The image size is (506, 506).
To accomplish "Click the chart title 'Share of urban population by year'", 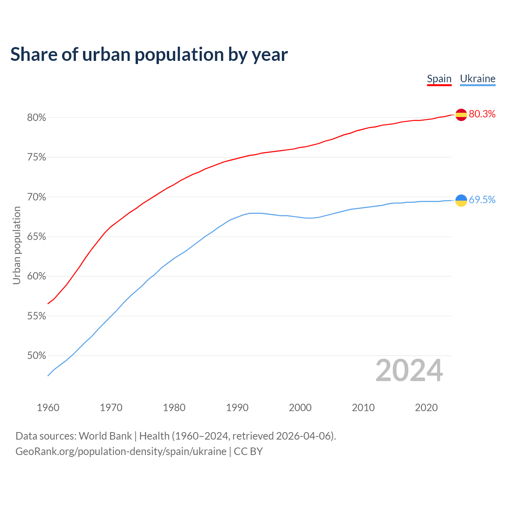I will (x=149, y=55).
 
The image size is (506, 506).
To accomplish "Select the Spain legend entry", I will (x=439, y=79).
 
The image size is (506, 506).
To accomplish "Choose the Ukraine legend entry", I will (x=478, y=79).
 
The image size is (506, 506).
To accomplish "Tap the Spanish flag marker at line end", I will (x=461, y=115).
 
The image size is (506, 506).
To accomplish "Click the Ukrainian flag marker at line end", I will (x=461, y=200).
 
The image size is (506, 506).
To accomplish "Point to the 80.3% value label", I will (x=482, y=114).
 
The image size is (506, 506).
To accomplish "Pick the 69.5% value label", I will (x=482, y=200).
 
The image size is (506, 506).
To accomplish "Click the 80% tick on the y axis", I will (x=37, y=118).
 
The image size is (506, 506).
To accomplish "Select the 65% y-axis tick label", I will (x=37, y=237).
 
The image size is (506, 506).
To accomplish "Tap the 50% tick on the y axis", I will (x=37, y=356).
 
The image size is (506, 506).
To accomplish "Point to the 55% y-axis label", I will (x=37, y=316).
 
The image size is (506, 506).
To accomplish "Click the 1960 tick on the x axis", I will (x=48, y=408).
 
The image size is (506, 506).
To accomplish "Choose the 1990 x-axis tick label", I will (x=237, y=408).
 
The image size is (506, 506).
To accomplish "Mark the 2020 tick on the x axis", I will (x=426, y=408).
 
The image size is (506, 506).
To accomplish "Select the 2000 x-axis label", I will (x=300, y=408).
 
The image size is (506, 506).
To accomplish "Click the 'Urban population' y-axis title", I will (x=17, y=245).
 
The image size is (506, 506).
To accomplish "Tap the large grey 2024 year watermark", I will (x=409, y=371).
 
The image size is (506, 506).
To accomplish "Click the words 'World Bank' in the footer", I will (x=105, y=436).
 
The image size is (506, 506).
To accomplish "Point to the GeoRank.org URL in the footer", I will (x=121, y=451).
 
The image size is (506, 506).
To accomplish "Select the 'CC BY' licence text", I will (x=248, y=451).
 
